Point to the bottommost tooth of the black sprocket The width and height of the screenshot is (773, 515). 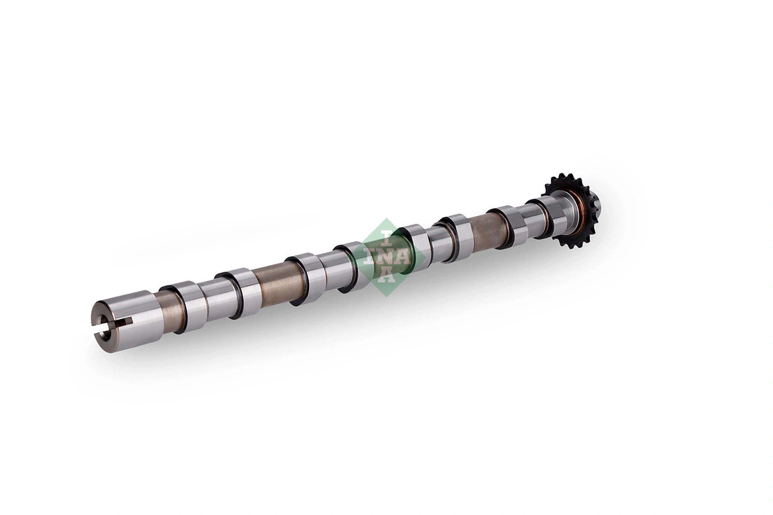(573, 251)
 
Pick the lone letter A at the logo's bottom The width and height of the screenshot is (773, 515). (387, 277)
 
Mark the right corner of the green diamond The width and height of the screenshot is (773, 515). (425, 256)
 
